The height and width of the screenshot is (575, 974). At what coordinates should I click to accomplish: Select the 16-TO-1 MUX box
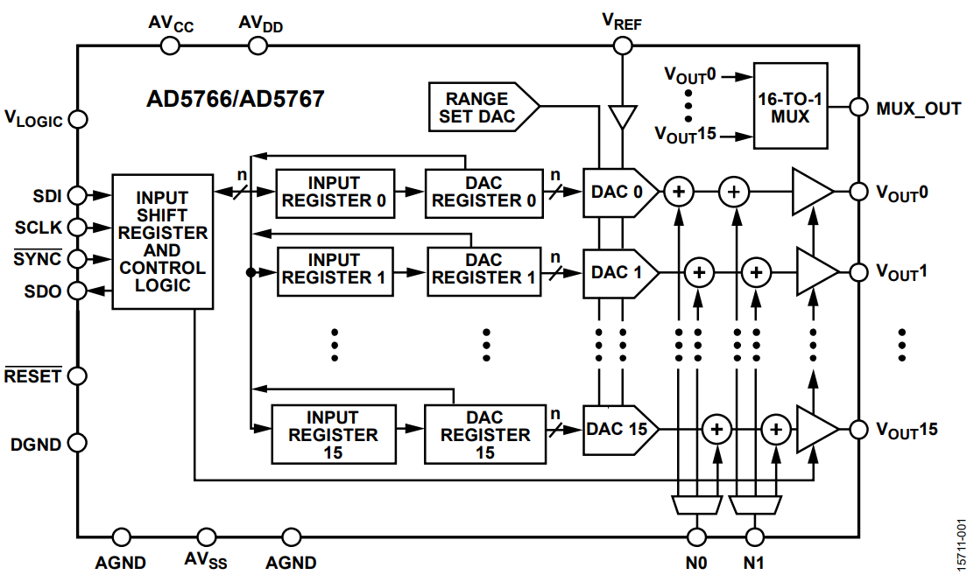[792, 106]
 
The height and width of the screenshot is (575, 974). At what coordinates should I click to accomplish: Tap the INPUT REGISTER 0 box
[334, 192]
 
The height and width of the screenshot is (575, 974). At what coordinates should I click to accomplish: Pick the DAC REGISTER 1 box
[483, 269]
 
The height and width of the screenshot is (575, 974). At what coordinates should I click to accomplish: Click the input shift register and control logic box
[163, 242]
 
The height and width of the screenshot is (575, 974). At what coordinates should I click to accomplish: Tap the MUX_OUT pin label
[918, 109]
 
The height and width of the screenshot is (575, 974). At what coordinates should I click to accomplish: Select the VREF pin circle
[622, 46]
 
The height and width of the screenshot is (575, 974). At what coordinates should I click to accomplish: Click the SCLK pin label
[39, 228]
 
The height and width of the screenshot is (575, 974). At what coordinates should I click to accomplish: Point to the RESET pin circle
[77, 375]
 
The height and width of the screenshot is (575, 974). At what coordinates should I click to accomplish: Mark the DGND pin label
[36, 444]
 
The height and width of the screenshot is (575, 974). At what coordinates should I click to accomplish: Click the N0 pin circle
[697, 536]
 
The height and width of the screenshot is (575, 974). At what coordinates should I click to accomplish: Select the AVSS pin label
[206, 560]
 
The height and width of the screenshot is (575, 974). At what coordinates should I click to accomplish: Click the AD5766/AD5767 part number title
[235, 99]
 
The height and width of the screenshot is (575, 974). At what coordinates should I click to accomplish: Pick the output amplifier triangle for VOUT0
[812, 191]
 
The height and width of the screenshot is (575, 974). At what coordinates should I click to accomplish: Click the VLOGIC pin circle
[77, 118]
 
